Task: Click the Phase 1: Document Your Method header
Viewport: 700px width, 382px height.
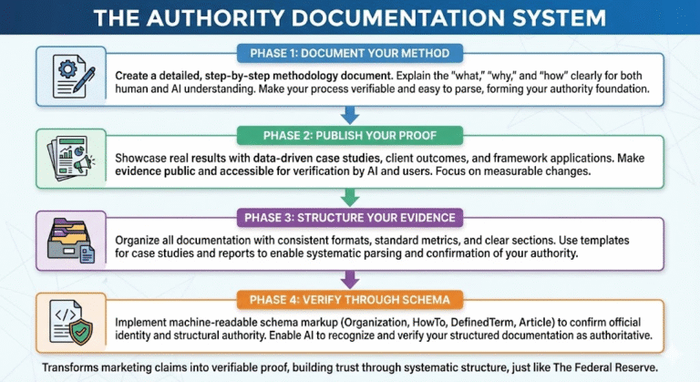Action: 350,52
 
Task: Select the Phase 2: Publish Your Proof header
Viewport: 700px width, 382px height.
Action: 350,136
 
